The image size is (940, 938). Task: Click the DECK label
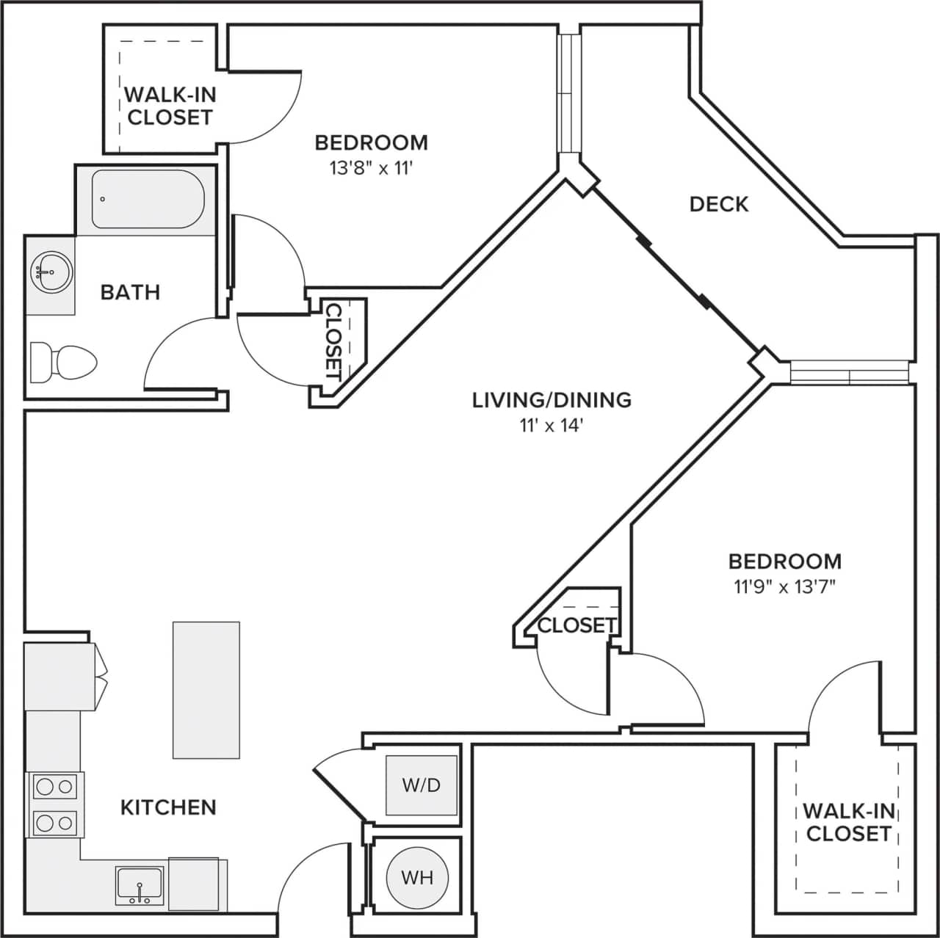[719, 204]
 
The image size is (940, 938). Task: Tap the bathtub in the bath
[147, 199]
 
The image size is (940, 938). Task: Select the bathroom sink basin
[51, 272]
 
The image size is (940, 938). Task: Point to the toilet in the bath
[64, 361]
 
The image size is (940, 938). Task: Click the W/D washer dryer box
[422, 785]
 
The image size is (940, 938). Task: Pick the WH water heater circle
[417, 877]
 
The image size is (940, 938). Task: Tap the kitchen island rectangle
[206, 690]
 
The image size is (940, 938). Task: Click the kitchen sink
[140, 885]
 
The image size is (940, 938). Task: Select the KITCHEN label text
[168, 807]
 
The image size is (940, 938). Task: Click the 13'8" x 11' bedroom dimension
[371, 168]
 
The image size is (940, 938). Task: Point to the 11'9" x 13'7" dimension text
[785, 586]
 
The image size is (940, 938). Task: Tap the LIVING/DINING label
[552, 400]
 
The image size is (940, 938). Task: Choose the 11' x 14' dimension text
[552, 425]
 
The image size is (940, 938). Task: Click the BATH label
[130, 292]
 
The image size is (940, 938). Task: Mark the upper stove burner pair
[55, 787]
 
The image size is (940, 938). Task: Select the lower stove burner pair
[55, 821]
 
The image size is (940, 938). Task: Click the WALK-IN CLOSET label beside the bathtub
[170, 106]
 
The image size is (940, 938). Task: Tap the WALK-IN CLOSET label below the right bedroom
[848, 822]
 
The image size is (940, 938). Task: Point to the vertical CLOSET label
[334, 341]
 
